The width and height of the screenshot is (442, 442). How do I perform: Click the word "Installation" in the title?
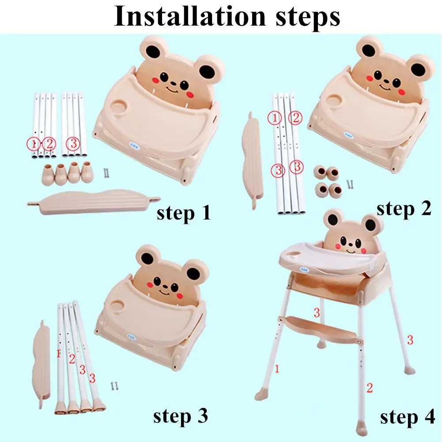tap(190, 16)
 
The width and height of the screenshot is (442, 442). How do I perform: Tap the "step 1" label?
tap(184, 213)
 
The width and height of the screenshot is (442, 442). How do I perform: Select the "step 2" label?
tap(404, 209)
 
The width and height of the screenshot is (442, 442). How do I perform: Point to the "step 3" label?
tap(181, 416)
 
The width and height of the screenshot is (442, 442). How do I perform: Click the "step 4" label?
tap(407, 417)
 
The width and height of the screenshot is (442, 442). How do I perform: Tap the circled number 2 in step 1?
tap(49, 144)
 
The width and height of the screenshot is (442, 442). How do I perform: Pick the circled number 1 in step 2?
tap(275, 118)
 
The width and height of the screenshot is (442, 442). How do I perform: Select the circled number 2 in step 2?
tap(295, 117)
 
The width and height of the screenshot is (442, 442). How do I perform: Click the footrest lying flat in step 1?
tap(94, 202)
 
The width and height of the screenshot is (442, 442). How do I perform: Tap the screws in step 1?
tap(106, 173)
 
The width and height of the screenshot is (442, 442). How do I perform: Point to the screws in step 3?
tap(114, 386)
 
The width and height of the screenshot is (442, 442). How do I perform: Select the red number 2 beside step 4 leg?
tap(370, 388)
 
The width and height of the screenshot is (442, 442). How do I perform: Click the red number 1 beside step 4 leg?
tap(277, 369)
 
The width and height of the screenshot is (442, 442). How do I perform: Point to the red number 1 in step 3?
tap(58, 354)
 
